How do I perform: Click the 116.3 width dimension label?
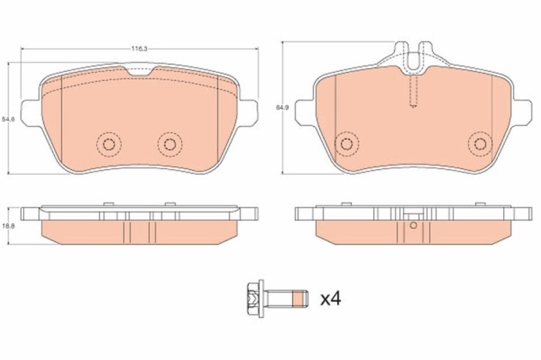click(139, 48)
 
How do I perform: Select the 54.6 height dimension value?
click(8, 118)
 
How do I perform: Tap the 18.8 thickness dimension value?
click(8, 224)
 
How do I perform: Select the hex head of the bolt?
click(252, 295)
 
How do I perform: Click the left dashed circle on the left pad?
click(107, 144)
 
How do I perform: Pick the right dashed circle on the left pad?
click(168, 144)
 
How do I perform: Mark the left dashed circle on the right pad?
click(346, 142)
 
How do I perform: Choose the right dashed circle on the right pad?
click(480, 142)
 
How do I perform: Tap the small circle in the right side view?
click(413, 226)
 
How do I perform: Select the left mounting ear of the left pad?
click(28, 112)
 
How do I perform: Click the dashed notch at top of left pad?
click(139, 71)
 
